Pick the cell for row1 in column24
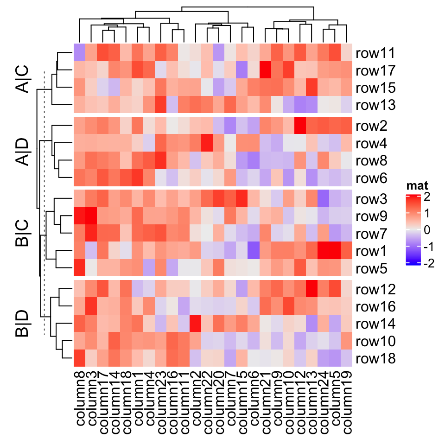[x=323, y=251]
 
